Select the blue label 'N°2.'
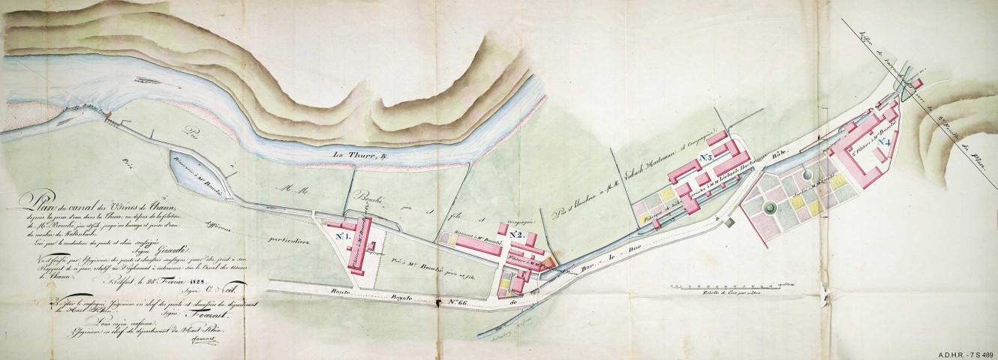(x=516, y=235)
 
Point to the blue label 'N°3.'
(x=705, y=157)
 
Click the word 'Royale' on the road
(x=388, y=295)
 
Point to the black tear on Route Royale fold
(x=438, y=302)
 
